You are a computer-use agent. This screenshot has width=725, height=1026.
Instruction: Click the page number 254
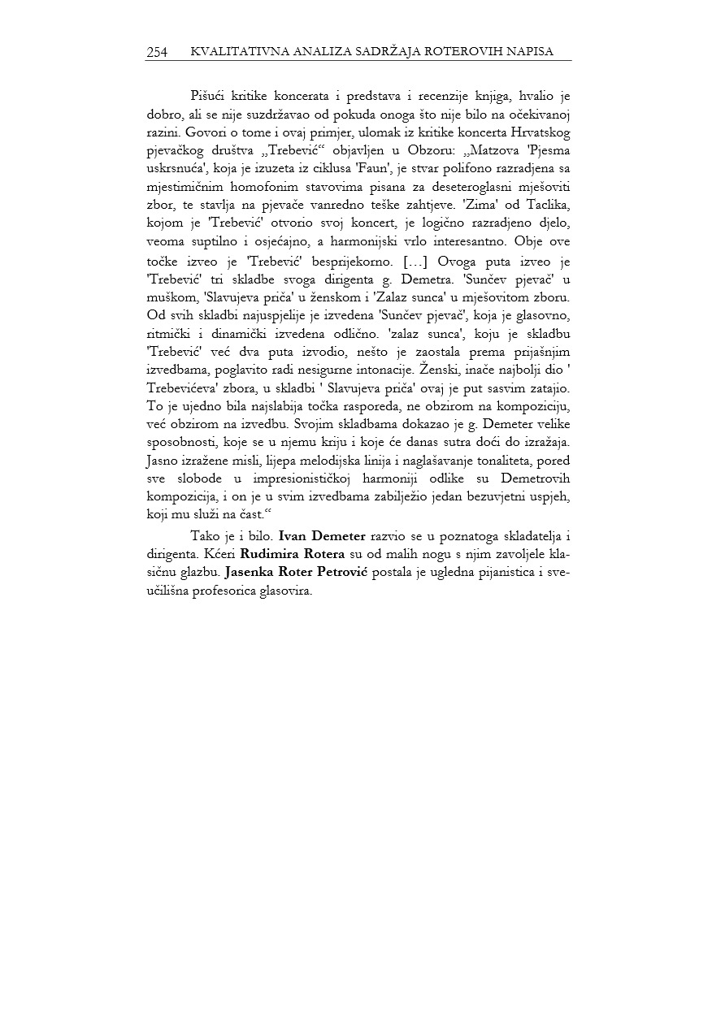coord(157,52)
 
